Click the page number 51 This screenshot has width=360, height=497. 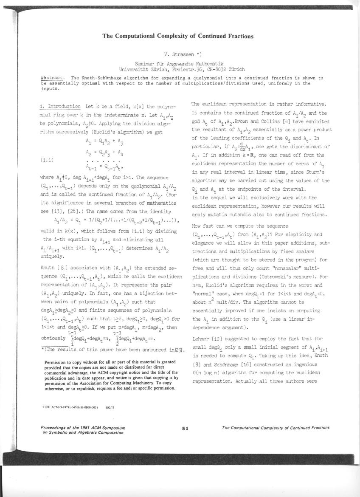point(185,428)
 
